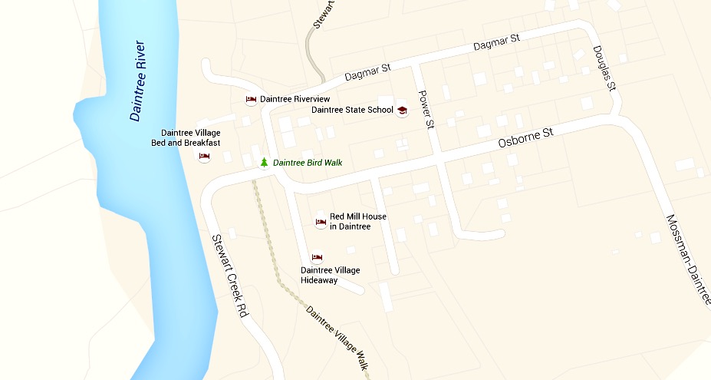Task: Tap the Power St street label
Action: coord(426,109)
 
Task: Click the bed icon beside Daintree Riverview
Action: coord(251,100)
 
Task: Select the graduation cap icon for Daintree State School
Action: coord(401,111)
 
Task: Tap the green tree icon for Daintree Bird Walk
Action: coord(264,163)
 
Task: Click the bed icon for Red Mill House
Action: coord(321,223)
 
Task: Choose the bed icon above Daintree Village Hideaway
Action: coord(317,258)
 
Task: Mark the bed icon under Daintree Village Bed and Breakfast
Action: coord(204,157)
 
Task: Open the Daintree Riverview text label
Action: coord(295,99)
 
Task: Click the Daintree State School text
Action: coord(352,110)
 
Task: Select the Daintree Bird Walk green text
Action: coord(308,163)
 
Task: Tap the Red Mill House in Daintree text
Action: coord(358,222)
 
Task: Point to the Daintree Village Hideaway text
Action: coord(330,275)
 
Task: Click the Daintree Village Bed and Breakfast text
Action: coord(191,138)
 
